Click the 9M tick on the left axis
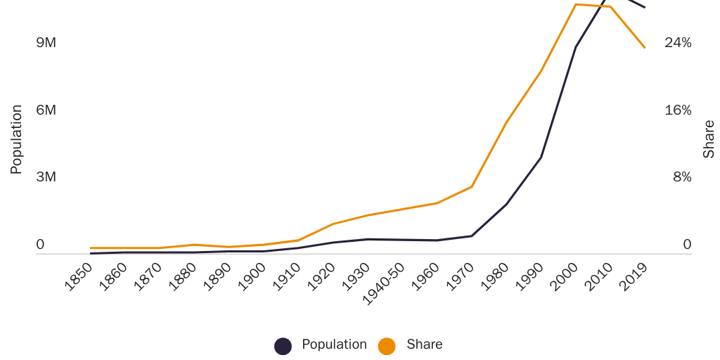pos(46,43)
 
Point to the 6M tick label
pos(46,110)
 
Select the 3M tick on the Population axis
pos(46,177)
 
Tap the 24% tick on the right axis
pos(678,43)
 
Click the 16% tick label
pos(678,110)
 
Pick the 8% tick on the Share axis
pos(682,177)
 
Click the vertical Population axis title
pos(16,139)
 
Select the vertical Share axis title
pos(709,139)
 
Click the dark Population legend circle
pos(283,346)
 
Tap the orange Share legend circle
pos(387,346)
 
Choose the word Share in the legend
pos(425,345)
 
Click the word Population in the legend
pos(334,345)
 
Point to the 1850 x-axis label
pos(79,276)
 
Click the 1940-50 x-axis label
pos(384,283)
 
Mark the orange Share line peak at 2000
pos(576,5)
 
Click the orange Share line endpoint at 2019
pos(645,48)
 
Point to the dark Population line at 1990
pos(541,157)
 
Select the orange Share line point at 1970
pos(472,186)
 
